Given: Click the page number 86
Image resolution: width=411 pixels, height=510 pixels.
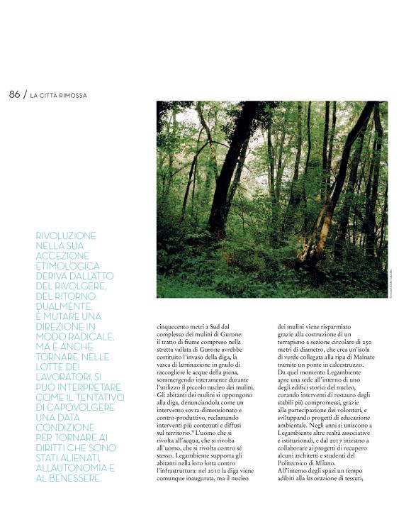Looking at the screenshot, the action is [x=14, y=94].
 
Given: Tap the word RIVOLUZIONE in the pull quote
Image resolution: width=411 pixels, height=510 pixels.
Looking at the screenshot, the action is [x=65, y=235].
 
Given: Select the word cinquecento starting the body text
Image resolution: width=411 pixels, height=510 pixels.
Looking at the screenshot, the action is [x=174, y=328].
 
